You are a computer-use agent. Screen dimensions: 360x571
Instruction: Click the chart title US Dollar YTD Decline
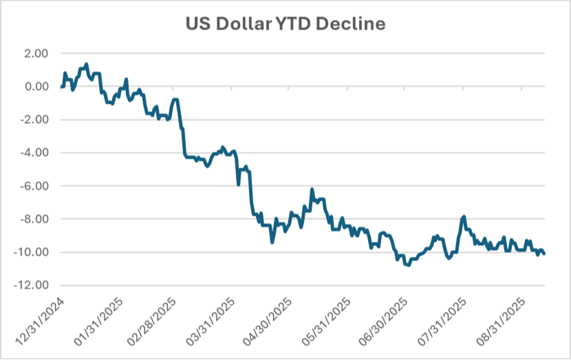point(285,23)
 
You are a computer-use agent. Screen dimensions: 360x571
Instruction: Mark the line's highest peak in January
point(86,64)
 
